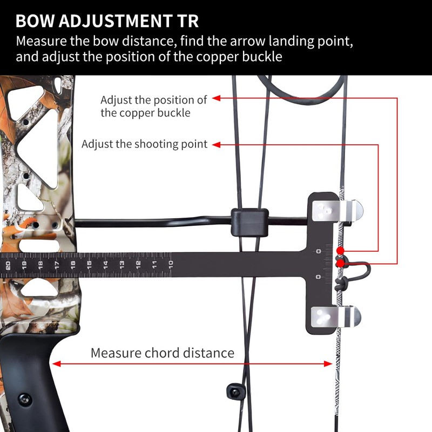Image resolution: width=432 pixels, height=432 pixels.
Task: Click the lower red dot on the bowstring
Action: pos(340,263)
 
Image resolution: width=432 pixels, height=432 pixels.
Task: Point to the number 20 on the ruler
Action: pos(8,265)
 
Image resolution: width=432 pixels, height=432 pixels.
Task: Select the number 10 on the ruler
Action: pos(170,264)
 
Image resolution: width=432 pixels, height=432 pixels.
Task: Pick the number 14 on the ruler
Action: pos(106,264)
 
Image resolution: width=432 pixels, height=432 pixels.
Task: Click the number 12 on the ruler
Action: pos(138,264)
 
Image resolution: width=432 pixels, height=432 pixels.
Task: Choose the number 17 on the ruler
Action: pos(56,265)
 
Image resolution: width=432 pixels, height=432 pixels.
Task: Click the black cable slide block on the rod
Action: pos(249,222)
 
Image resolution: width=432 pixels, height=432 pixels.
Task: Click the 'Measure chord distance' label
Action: pos(162,353)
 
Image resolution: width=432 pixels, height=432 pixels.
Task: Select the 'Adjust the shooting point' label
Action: pos(145,145)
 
